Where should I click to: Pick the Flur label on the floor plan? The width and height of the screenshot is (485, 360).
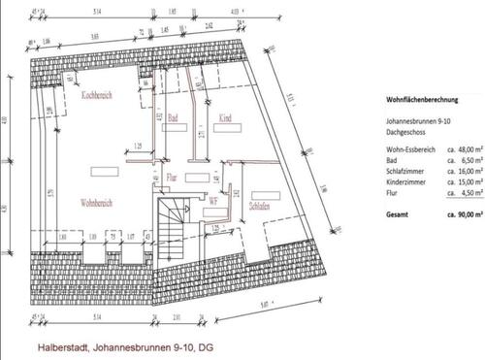[x=171, y=179]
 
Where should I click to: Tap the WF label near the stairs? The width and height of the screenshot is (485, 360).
[x=211, y=175]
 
